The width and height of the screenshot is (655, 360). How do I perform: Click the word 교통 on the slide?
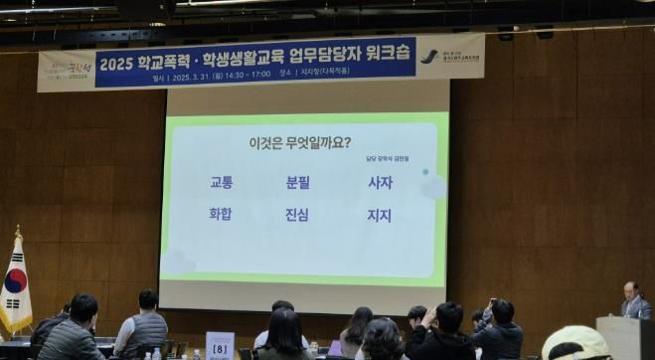click(221, 183)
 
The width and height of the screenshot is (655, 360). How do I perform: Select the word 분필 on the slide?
click(298, 183)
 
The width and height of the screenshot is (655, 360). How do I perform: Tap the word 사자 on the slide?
click(380, 183)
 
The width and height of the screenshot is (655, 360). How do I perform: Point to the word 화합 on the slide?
click(221, 214)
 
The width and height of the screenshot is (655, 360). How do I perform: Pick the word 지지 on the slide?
click(380, 215)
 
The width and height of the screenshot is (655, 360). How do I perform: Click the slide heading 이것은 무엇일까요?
click(299, 142)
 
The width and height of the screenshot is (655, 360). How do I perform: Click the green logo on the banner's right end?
click(428, 56)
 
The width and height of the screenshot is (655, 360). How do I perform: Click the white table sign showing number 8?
click(220, 346)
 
